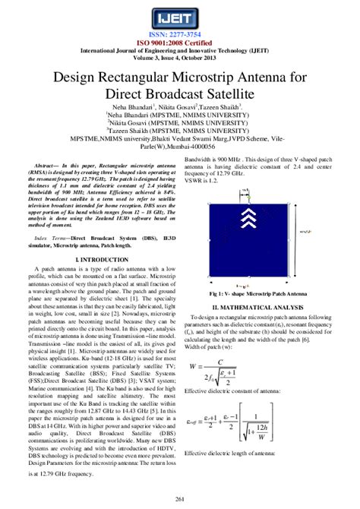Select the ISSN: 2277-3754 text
(x=180, y=35)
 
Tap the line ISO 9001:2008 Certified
(x=180, y=43)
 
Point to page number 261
(x=180, y=498)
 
